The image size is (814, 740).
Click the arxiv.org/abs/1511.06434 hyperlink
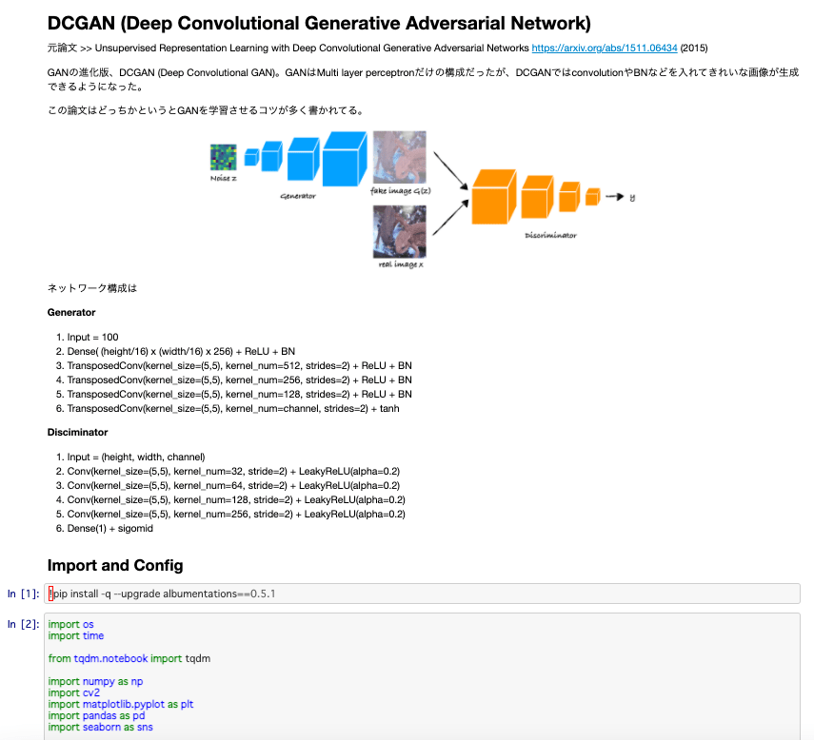click(605, 49)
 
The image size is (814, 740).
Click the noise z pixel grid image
click(223, 157)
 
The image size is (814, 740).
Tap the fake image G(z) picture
click(400, 157)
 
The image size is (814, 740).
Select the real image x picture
click(400, 232)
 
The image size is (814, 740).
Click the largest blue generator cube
click(345, 159)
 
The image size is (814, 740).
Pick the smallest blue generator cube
click(251, 157)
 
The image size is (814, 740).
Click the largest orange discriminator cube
click(494, 197)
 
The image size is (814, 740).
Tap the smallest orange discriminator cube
click(593, 197)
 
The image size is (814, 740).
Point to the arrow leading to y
click(615, 197)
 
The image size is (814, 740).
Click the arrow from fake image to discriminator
click(451, 170)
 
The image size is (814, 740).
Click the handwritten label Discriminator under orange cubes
click(551, 236)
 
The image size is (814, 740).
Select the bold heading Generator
click(71, 313)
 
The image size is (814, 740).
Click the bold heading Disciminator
click(77, 433)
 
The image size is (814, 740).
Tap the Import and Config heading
click(115, 565)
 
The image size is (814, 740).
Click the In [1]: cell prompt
click(24, 594)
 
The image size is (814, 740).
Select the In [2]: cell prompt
click(24, 624)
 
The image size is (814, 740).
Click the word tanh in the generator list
click(389, 409)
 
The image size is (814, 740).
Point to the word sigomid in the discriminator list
click(135, 529)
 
